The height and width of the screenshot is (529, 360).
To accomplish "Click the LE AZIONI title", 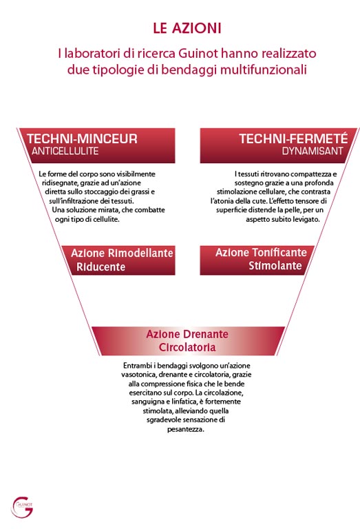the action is click(x=187, y=28).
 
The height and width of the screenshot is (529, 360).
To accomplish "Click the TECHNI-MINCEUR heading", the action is click(x=82, y=138).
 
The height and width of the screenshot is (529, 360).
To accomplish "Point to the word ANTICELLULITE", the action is click(x=65, y=151).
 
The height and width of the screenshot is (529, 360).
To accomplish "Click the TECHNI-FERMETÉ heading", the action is click(x=293, y=138).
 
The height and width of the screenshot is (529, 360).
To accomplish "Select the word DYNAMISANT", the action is click(x=313, y=151).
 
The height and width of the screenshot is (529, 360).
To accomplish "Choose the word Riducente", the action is click(x=100, y=267).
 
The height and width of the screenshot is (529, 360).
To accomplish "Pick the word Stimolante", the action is click(x=275, y=265).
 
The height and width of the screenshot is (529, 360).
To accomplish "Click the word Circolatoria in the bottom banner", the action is click(x=187, y=347).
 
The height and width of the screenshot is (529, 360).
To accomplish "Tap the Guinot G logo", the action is click(x=22, y=507).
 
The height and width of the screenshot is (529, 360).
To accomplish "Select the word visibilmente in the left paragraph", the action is click(x=137, y=174).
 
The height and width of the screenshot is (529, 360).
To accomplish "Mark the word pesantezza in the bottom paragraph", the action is click(x=186, y=429).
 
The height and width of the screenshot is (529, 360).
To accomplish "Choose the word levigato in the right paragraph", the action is click(x=306, y=219).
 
